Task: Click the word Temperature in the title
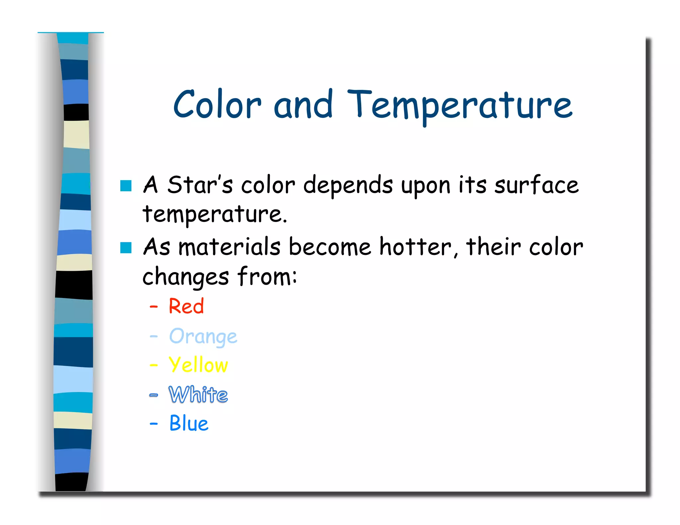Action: (460, 106)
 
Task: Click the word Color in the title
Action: (217, 105)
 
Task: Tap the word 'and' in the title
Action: (303, 105)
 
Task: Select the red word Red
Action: (186, 306)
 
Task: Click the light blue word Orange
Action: (203, 337)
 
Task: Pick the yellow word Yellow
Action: (198, 365)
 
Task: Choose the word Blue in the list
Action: (189, 423)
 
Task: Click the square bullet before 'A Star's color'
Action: (126, 186)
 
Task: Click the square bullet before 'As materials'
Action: (126, 248)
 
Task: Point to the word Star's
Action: (200, 185)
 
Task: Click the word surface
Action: (536, 185)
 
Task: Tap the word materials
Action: (229, 247)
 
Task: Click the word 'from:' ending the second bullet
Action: (267, 276)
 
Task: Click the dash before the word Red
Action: (153, 307)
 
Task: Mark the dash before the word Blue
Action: (153, 424)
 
